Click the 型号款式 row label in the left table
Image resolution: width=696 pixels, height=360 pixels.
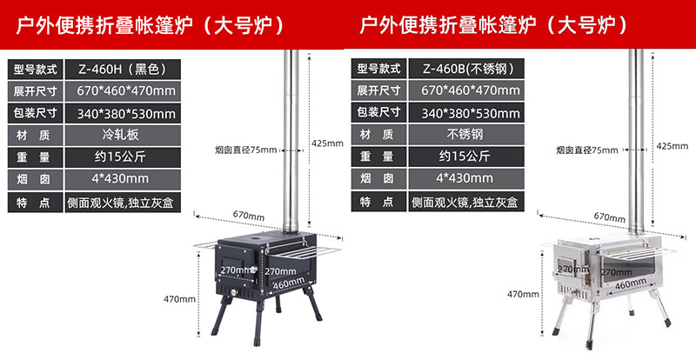34,68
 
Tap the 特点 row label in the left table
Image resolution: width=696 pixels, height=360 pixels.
34,202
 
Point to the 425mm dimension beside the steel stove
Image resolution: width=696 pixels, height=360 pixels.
670,146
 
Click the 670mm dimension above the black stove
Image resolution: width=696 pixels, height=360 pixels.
248,215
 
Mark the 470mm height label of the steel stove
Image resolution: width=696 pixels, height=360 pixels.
525,294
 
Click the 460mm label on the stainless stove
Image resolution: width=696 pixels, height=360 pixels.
632,284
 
